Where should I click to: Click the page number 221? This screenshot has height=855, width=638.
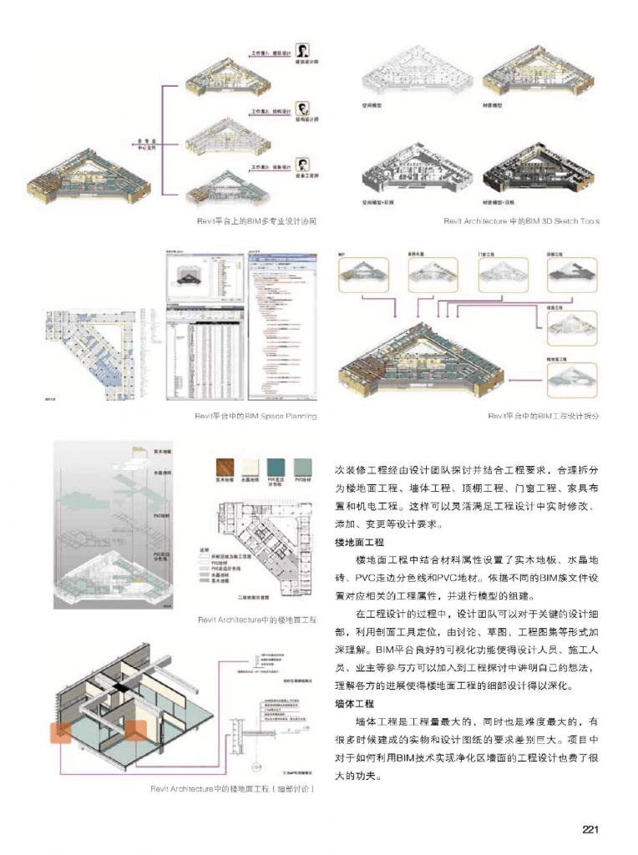coord(591,829)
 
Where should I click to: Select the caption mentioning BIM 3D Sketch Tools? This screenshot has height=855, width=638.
coord(521,221)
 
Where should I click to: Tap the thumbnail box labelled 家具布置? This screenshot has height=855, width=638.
coord(431,273)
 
